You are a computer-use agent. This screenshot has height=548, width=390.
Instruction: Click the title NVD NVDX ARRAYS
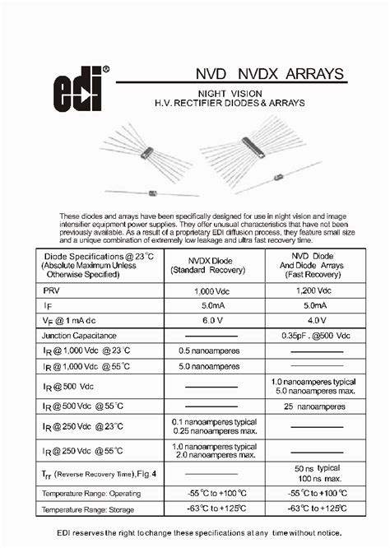tap(258, 75)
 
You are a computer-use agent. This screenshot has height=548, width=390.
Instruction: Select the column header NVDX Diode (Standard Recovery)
tap(213, 264)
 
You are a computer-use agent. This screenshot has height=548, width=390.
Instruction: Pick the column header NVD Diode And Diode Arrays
tap(313, 265)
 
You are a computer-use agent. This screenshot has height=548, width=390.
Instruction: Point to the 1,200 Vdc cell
tap(313, 291)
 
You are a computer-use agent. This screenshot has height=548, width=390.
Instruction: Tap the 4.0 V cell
tap(313, 320)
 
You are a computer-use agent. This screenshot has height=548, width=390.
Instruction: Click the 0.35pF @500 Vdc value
tap(313, 336)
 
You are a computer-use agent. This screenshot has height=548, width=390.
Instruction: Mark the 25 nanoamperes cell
tap(313, 406)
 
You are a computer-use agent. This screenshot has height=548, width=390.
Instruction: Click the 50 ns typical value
tap(313, 467)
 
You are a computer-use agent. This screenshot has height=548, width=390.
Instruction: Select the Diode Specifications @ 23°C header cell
tap(91, 264)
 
